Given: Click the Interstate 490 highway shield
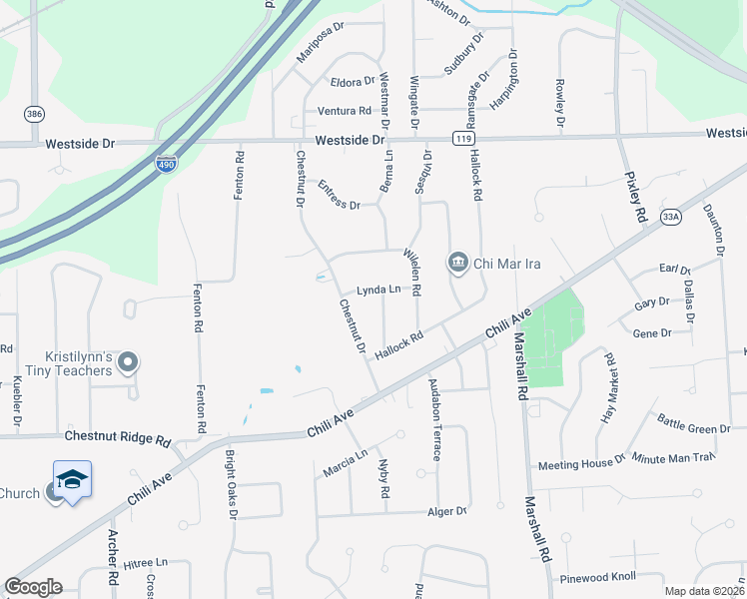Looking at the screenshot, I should pyautogui.click(x=167, y=163).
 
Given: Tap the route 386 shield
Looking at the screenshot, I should pyautogui.click(x=35, y=114).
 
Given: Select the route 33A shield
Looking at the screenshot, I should pyautogui.click(x=670, y=216).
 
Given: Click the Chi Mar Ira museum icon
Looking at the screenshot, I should pyautogui.click(x=457, y=263).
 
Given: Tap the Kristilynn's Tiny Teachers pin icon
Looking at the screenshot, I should pyautogui.click(x=127, y=363).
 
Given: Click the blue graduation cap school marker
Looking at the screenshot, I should pyautogui.click(x=72, y=480).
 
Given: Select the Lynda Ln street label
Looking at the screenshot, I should pyautogui.click(x=378, y=290).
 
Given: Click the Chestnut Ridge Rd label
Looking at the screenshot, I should pyautogui.click(x=118, y=437).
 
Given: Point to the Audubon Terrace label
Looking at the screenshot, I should pyautogui.click(x=434, y=418).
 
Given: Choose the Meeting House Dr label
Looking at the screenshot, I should pyautogui.click(x=581, y=464).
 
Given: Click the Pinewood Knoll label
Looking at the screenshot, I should pyautogui.click(x=625, y=577).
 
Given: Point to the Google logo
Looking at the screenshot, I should pyautogui.click(x=33, y=587).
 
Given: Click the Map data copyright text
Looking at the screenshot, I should pyautogui.click(x=704, y=591).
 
